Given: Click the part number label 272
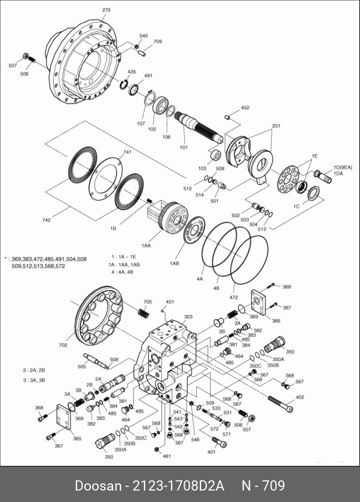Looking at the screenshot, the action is (x=107, y=10).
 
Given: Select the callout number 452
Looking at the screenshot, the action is (x=245, y=108).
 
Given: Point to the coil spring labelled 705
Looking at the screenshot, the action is (x=144, y=312).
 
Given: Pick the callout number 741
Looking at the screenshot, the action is (x=127, y=152).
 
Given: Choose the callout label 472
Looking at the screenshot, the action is (x=234, y=297).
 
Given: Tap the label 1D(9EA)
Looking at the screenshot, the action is (x=343, y=167).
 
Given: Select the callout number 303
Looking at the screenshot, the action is (x=188, y=317).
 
